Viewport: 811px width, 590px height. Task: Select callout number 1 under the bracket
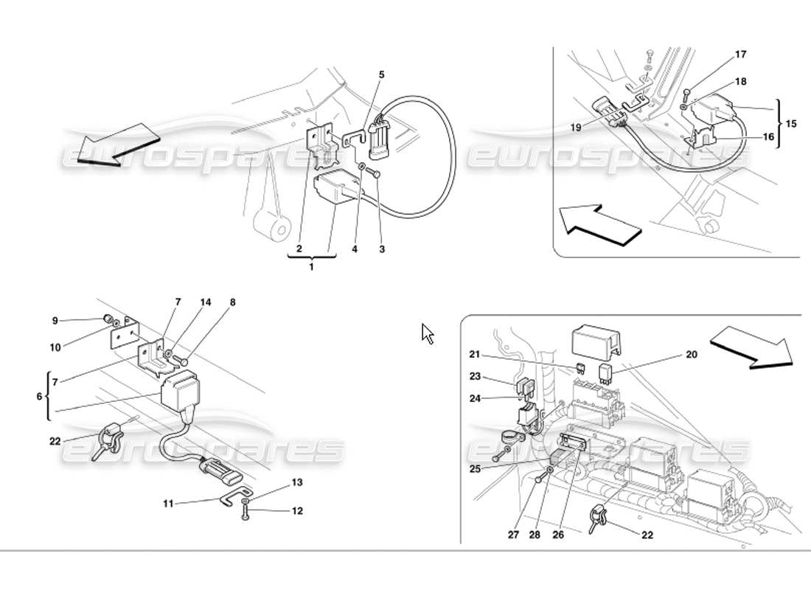click(x=311, y=266)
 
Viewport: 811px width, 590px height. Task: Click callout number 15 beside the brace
click(x=790, y=124)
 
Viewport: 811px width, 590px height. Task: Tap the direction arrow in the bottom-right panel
click(x=752, y=347)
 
